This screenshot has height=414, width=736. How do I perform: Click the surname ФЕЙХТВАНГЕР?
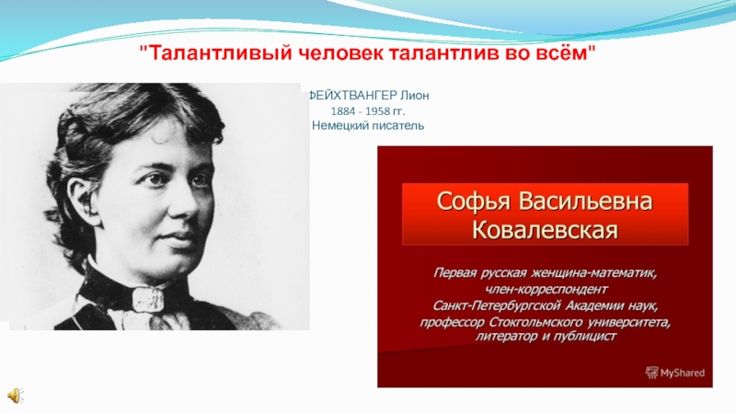click(x=352, y=96)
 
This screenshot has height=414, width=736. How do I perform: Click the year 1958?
click(x=377, y=111)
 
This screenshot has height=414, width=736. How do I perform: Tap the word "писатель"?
click(x=398, y=126)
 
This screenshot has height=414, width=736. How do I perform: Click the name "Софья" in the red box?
click(x=473, y=201)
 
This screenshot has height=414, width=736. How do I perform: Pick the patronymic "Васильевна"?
click(x=585, y=201)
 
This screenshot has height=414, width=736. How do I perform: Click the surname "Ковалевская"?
click(x=545, y=231)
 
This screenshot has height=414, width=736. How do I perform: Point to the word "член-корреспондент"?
click(x=546, y=289)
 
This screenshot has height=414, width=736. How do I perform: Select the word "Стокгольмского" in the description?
click(x=535, y=322)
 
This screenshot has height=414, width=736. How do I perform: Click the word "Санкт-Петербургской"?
click(x=497, y=305)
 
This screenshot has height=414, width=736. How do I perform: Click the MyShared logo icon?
click(x=652, y=373)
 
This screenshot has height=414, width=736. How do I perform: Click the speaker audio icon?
click(x=16, y=396)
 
